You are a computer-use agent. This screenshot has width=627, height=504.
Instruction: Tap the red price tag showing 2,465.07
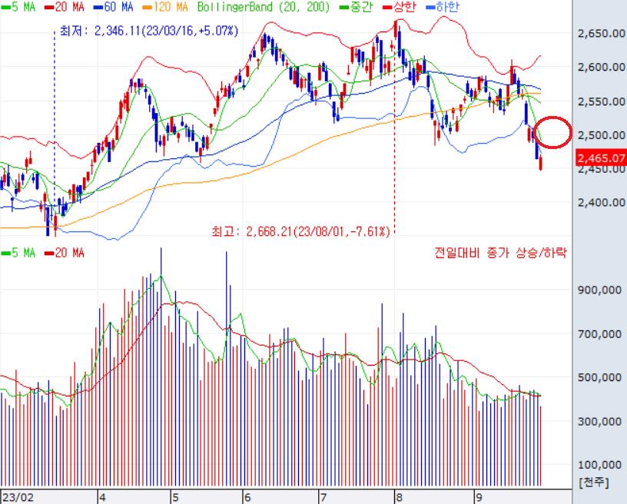pos(601,158)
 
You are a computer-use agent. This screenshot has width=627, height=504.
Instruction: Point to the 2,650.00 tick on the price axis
pos(600,34)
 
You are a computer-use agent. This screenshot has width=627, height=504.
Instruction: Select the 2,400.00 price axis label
pos(600,203)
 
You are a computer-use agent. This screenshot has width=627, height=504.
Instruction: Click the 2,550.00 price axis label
pos(600,101)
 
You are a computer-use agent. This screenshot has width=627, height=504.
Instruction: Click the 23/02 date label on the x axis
pos(17,497)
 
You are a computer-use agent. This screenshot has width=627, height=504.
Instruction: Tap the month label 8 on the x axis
pos(399,497)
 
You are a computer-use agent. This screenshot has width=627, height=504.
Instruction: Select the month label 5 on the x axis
pos(174,497)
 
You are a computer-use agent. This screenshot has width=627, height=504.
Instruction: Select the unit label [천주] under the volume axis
pos(592,482)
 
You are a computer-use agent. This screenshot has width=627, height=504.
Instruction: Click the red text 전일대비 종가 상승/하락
pos(500,252)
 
